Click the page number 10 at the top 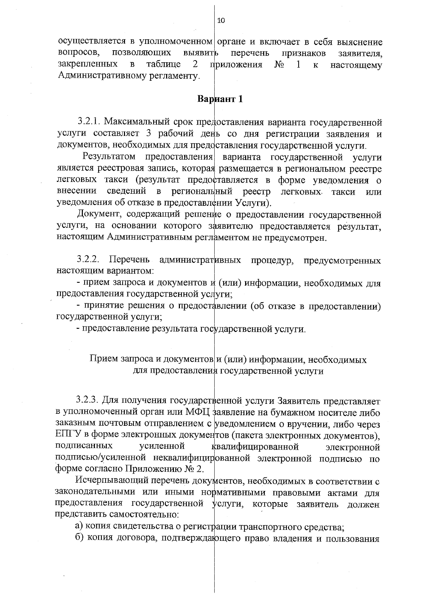coord(221,21)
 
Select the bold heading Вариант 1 coord(220,99)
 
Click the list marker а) coord(79,526)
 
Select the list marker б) coord(79,538)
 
